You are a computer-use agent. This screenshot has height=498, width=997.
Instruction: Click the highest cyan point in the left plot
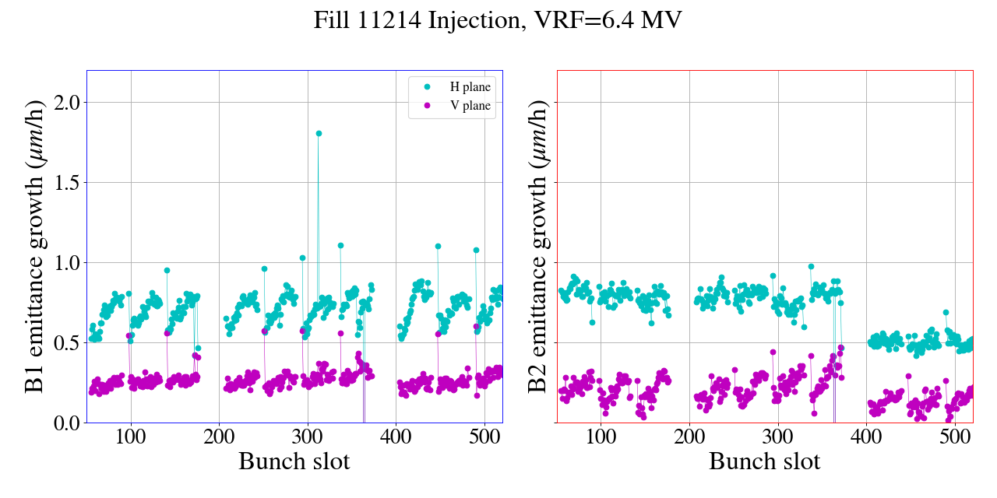[319, 133]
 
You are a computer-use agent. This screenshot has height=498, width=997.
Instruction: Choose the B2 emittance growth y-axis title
[537, 247]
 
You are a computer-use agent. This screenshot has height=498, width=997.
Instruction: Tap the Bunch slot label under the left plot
[294, 461]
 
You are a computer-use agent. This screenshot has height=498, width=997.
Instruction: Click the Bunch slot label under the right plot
[765, 461]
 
